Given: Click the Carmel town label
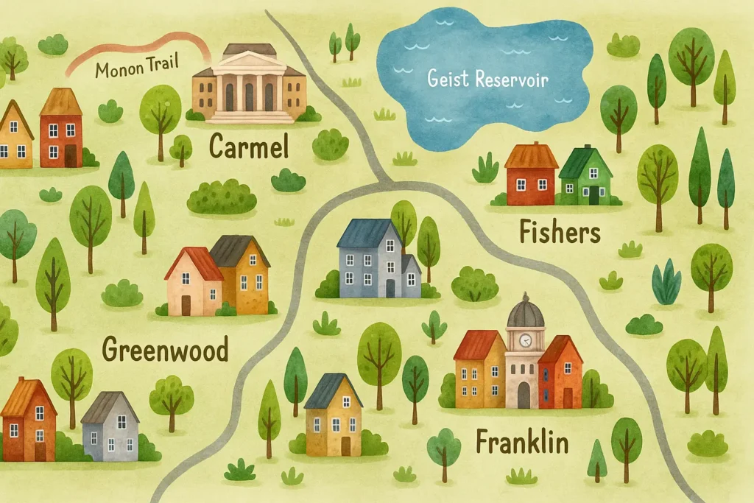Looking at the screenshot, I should (x=248, y=147).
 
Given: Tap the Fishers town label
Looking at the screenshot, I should (x=560, y=233).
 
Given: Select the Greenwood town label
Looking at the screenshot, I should (x=165, y=349).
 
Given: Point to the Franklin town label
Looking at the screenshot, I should (x=522, y=443).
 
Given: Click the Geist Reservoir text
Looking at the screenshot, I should (x=488, y=79).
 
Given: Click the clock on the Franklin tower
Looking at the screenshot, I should (x=526, y=340).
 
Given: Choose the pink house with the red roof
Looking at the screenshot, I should (x=193, y=284).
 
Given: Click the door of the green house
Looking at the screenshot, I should (x=593, y=195).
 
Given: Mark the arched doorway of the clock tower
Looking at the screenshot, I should (x=524, y=395).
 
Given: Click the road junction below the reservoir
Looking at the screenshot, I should (x=383, y=180).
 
